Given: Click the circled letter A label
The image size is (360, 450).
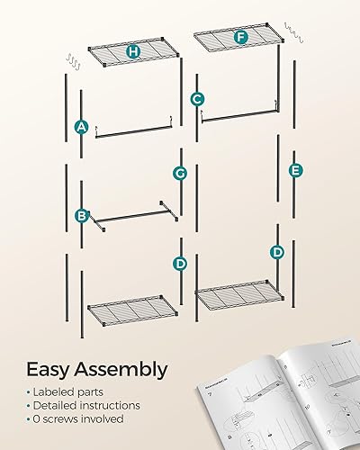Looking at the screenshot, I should click(x=82, y=127).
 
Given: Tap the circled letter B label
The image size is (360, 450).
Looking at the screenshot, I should click(x=82, y=216).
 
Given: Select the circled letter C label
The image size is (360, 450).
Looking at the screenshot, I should click(x=197, y=99).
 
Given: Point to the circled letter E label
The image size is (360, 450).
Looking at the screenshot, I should click(x=295, y=170).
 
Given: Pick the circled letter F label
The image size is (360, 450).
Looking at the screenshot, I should click(x=240, y=37).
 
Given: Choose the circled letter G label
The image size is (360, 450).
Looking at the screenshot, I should click(x=180, y=172).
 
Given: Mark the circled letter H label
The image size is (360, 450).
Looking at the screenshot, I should click(x=133, y=51).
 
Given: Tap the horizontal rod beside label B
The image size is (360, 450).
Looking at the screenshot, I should click(x=131, y=216).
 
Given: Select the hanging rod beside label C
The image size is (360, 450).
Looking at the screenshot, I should click(x=243, y=113).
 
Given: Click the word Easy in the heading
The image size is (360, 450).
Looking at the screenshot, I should click(x=51, y=370).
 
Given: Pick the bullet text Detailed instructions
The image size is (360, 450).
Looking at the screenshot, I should click(x=87, y=406).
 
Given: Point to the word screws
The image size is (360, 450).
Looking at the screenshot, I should click(x=60, y=419).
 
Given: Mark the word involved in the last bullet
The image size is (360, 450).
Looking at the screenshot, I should click(x=106, y=419).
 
